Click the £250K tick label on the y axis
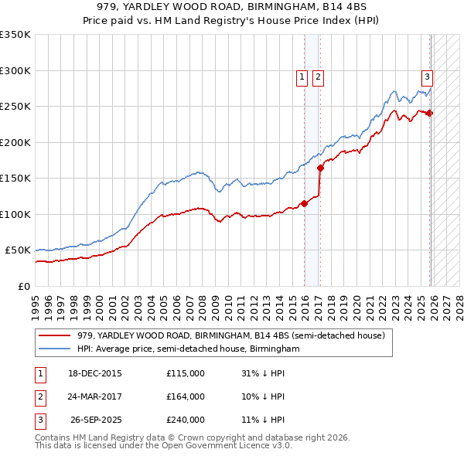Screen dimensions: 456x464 point(15,106)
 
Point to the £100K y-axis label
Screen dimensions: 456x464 point(15,214)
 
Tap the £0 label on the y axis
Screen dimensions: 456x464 point(22,286)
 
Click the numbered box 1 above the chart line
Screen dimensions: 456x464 point(300,77)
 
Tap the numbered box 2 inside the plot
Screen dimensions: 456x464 point(318,77)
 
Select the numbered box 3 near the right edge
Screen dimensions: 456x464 point(426,77)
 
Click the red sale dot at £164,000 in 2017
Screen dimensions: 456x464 point(320,168)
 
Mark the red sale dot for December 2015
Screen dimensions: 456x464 point(304,203)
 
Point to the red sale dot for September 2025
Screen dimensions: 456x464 point(430,113)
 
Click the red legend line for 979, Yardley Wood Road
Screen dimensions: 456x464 point(54,335)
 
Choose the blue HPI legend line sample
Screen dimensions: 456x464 point(54,349)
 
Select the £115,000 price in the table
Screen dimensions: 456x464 point(186,373)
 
